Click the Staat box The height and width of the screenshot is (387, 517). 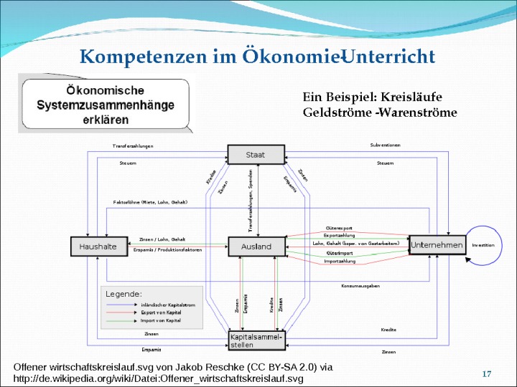pyautogui.click(x=256, y=154)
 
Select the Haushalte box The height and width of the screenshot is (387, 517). pyautogui.click(x=93, y=246)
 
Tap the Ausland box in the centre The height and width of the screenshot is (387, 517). pyautogui.click(x=256, y=246)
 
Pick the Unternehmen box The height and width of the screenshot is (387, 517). pyautogui.click(x=436, y=245)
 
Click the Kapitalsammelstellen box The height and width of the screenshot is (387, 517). pyautogui.click(x=256, y=340)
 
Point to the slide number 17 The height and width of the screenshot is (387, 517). pyautogui.click(x=486, y=374)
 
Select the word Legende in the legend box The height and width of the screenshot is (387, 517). pyautogui.click(x=124, y=294)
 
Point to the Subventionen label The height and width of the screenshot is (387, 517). pyautogui.click(x=385, y=145)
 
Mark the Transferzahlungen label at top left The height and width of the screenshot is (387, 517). pyautogui.click(x=133, y=146)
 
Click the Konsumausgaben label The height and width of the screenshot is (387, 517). pyautogui.click(x=360, y=285)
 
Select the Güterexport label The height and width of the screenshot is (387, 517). pyautogui.click(x=339, y=228)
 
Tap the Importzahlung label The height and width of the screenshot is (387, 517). pyautogui.click(x=340, y=262)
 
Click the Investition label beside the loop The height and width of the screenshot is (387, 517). pyautogui.click(x=483, y=245)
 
